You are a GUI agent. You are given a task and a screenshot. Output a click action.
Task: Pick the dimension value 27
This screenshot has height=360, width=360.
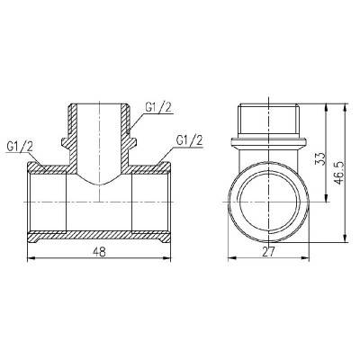click(x=268, y=253)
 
